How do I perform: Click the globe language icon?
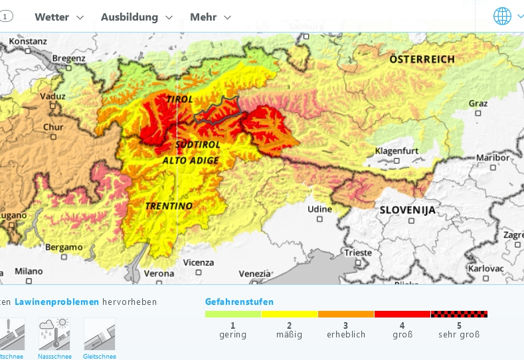502,16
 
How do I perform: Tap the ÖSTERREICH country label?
422,59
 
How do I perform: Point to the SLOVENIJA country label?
408,210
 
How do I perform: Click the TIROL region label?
179,100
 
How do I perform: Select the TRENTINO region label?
169,206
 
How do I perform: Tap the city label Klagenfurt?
396,151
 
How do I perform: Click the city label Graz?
478,104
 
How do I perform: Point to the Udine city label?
319,209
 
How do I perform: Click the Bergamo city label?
64,247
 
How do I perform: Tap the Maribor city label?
493,157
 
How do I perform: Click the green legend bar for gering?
232,314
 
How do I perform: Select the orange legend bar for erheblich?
346,314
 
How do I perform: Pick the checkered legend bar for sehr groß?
459,314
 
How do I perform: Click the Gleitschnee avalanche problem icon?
100,334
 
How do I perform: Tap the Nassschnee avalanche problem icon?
54,334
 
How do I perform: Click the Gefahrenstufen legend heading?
239,302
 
